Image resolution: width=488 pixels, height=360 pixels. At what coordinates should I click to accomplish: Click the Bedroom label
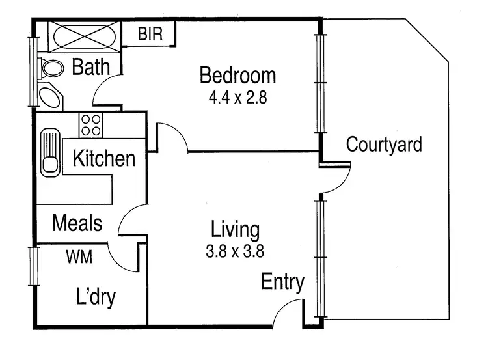pyautogui.click(x=237, y=76)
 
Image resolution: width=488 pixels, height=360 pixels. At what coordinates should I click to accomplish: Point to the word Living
pyautogui.click(x=235, y=229)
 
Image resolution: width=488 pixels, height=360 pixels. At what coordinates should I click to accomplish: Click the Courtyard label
pyautogui.click(x=384, y=144)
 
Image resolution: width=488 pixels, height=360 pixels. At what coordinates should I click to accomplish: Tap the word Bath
pyautogui.click(x=91, y=66)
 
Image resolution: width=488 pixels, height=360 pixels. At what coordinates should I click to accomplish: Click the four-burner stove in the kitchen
pyautogui.click(x=91, y=124)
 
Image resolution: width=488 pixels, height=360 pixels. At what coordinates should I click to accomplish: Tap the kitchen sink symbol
pyautogui.click(x=50, y=153)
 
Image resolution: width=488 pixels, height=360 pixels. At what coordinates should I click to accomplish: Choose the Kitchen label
pyautogui.click(x=104, y=158)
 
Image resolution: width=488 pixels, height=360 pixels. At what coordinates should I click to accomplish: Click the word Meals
pyautogui.click(x=77, y=223)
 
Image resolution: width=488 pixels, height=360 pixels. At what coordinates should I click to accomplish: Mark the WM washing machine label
pyautogui.click(x=79, y=256)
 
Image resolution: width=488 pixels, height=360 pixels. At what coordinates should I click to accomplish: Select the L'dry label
pyautogui.click(x=96, y=298)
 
